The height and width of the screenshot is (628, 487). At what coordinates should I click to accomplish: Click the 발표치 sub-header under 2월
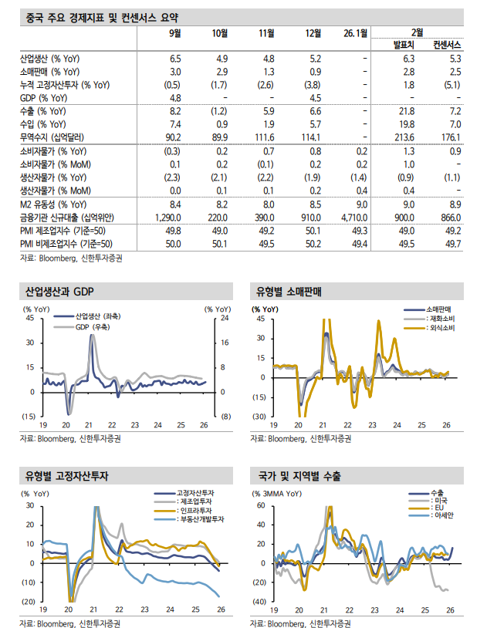point(404,44)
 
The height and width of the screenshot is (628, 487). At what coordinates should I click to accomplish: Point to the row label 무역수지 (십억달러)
point(53,137)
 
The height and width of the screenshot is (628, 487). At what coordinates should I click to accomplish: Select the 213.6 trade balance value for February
point(405,137)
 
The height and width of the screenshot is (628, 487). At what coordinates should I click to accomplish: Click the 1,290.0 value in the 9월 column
point(167,217)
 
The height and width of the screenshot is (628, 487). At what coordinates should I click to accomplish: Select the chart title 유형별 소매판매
point(289,293)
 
